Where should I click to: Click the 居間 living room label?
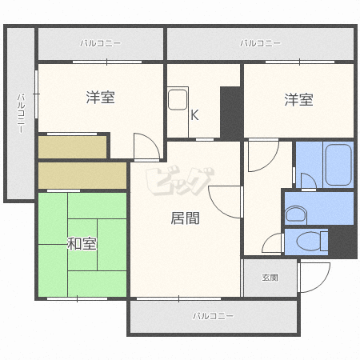tap(185, 218)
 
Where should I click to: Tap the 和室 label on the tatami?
tap(82, 244)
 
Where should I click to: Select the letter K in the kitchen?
tap(194, 115)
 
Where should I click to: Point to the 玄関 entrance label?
tap(270, 278)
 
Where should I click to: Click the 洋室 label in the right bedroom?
tap(298, 99)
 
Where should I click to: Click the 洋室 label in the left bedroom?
tap(100, 97)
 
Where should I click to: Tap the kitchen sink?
tap(178, 100)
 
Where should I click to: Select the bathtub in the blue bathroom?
tap(338, 165)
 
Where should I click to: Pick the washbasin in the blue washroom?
tap(296, 214)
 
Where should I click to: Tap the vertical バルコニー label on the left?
tap(22, 114)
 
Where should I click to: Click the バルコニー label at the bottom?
tap(213, 316)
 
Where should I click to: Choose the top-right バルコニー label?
tap(260, 43)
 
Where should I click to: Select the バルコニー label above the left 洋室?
tap(101, 43)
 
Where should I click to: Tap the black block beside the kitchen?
tap(231, 113)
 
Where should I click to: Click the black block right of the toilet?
tap(342, 242)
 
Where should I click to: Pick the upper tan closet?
tap(72, 147)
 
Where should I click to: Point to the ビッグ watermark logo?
tap(180, 181)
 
